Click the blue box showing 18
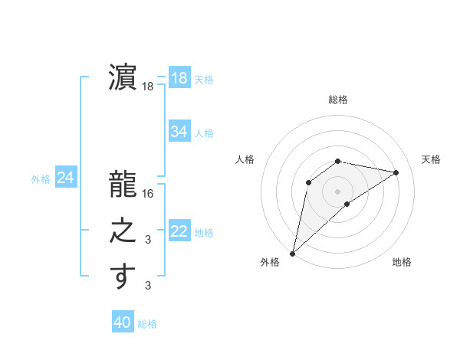(179, 78)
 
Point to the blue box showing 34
(179, 132)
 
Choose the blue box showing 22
(179, 231)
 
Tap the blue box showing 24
(65, 178)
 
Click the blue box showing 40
(122, 322)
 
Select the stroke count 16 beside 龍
(148, 194)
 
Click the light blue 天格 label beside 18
(204, 80)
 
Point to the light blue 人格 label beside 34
(204, 133)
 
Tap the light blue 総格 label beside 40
(147, 324)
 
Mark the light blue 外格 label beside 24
(41, 179)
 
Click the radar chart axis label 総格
(338, 100)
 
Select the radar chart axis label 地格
(402, 262)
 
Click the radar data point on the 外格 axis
(292, 253)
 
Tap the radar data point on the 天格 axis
(396, 172)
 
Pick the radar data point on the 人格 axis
(308, 182)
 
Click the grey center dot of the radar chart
(338, 191)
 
